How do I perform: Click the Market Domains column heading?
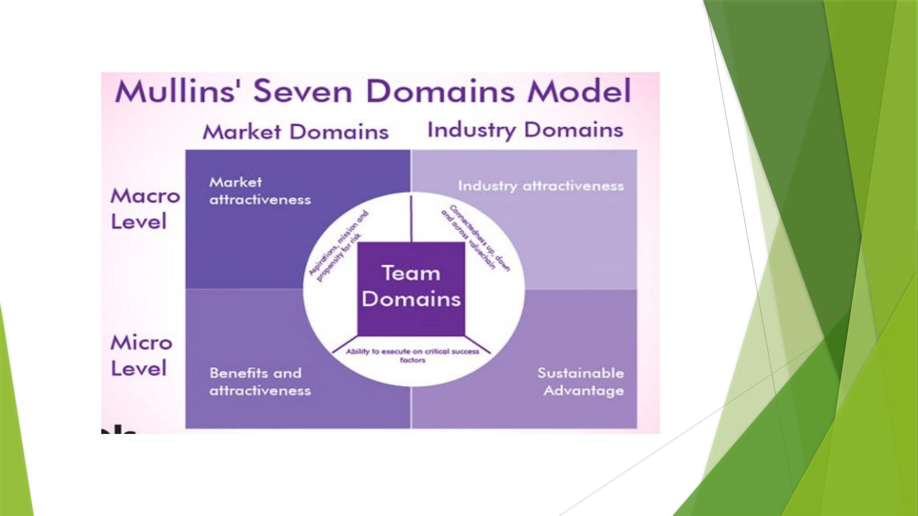(x=296, y=132)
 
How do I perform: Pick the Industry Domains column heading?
(x=525, y=130)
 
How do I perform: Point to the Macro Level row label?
(x=145, y=209)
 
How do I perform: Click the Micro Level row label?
(x=141, y=355)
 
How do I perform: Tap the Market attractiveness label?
(x=260, y=191)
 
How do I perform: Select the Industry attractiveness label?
(x=540, y=186)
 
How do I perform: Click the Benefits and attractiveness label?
(x=260, y=381)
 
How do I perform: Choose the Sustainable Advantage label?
(x=581, y=381)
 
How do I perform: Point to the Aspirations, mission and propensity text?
(x=338, y=246)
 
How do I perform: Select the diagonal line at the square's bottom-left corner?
(x=345, y=345)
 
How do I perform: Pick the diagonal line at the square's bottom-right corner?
(x=478, y=345)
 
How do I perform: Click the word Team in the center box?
(x=411, y=273)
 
